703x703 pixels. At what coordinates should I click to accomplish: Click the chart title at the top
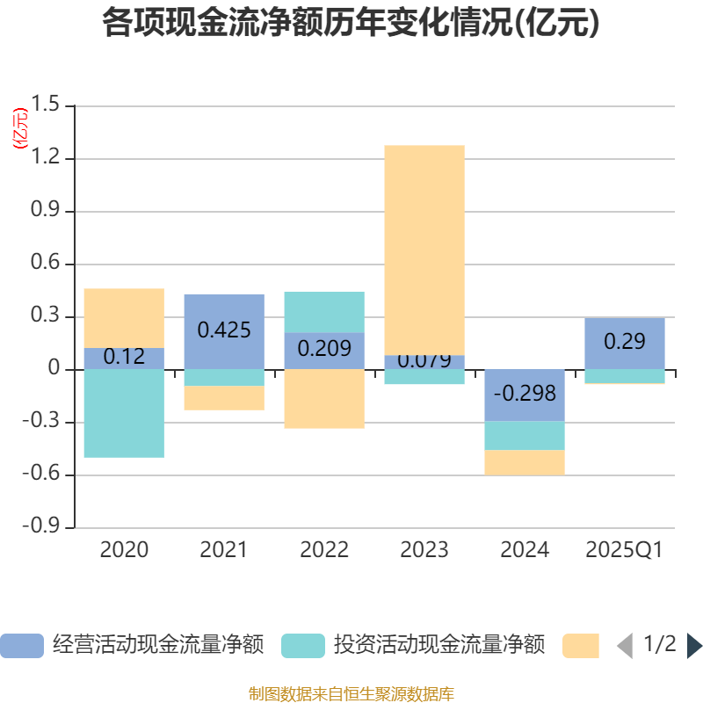coord(351,24)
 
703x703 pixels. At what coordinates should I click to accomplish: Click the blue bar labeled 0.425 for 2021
coord(224,331)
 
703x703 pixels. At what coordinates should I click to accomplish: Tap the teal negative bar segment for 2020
coord(124,413)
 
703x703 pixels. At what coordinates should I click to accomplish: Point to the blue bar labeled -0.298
coord(525,395)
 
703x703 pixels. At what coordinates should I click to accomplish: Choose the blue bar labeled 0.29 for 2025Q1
coord(625,342)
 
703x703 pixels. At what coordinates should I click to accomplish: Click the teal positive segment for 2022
coord(324,312)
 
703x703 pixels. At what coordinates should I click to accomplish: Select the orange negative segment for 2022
coord(324,399)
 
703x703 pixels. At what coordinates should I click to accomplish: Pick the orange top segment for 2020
coord(124,317)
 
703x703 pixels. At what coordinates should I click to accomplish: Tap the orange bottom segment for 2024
coord(525,462)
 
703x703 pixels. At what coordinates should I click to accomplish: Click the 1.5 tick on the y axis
coord(48,106)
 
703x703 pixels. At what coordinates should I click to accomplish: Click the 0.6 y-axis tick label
coord(48,265)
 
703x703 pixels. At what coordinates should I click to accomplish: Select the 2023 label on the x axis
coord(424,551)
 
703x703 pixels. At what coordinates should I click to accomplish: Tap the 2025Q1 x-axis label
coord(625,551)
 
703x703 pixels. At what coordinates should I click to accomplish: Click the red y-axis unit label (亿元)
coord(20,128)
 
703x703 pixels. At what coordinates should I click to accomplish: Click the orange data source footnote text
coord(351,694)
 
